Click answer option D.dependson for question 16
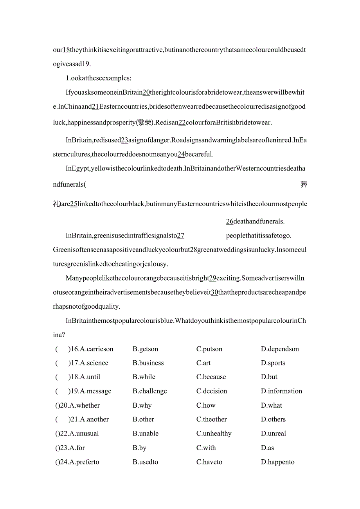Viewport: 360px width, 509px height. (x=280, y=349)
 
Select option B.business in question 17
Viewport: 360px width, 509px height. (x=148, y=363)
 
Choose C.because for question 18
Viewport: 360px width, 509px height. (x=211, y=377)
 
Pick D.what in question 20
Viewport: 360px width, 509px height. (x=271, y=406)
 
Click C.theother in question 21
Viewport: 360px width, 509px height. (x=211, y=419)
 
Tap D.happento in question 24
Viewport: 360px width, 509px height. (x=277, y=462)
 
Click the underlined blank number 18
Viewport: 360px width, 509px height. (x=66, y=50)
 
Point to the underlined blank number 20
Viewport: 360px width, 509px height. (x=146, y=92)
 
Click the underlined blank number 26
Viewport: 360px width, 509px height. (x=230, y=221)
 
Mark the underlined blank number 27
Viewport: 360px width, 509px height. (x=180, y=236)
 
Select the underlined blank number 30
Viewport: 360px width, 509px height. (x=214, y=292)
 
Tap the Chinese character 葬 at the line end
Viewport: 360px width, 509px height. (x=304, y=184)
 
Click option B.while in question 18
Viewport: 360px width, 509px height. (x=144, y=377)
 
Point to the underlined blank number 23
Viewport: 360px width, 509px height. (x=125, y=140)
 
